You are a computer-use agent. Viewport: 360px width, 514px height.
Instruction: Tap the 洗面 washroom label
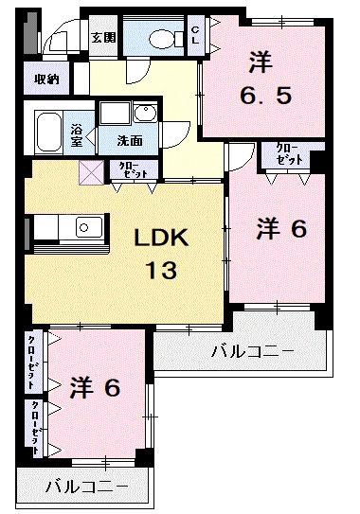[x=130, y=140]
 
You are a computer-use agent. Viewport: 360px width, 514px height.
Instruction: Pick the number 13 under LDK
[x=160, y=271]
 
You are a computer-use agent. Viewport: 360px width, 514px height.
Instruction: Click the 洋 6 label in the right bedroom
[x=281, y=228]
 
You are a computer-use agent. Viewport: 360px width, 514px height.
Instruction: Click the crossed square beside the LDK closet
[x=92, y=172]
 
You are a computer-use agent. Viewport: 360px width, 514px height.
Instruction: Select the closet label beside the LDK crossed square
[x=126, y=170]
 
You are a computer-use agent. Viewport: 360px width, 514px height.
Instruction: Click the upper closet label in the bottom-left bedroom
[x=32, y=363]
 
